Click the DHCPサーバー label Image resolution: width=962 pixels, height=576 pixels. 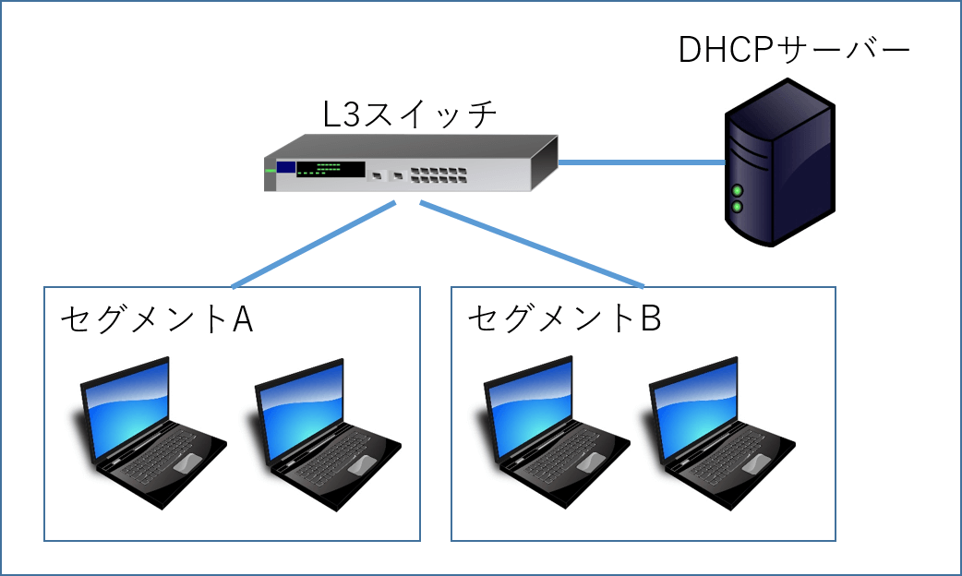point(793,49)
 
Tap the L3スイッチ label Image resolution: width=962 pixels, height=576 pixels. point(409,114)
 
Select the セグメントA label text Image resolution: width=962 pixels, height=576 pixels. point(157,319)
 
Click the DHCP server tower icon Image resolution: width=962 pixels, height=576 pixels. point(780,162)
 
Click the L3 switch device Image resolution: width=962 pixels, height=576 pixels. point(411,163)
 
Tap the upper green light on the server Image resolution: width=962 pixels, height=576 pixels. point(738,190)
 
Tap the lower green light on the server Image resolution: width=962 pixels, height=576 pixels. point(738,207)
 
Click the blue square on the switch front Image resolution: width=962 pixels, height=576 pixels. point(286,167)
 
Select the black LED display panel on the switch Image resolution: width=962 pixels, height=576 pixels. point(331,169)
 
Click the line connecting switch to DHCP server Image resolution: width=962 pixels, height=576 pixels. point(642,162)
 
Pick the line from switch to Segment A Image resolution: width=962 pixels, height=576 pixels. point(314,245)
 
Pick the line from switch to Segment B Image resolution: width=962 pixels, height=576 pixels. point(532,244)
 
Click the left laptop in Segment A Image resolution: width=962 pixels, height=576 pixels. point(147,432)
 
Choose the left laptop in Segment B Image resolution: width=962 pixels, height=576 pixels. point(552,432)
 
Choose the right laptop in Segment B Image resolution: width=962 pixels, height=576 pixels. point(718,433)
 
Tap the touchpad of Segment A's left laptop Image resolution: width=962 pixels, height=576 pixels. point(187,463)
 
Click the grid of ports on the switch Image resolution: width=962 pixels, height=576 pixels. point(438,174)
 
